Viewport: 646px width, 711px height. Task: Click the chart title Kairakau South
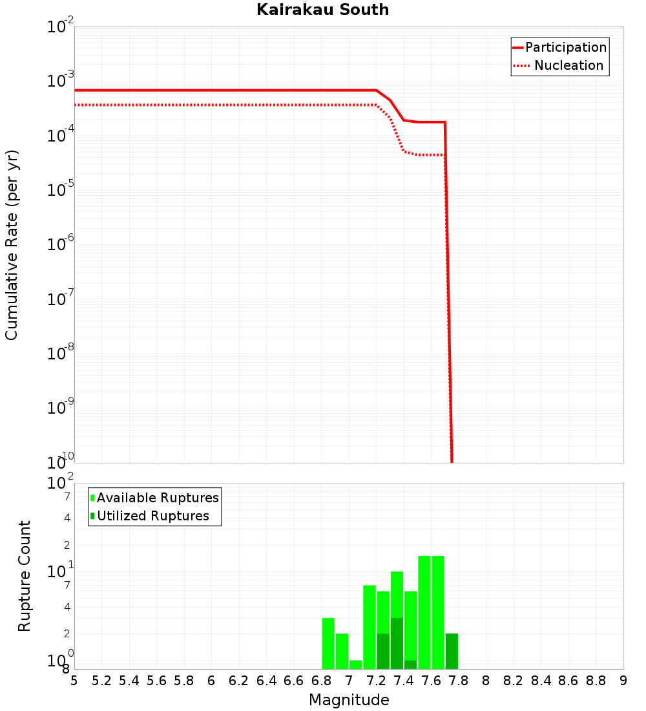tap(322, 10)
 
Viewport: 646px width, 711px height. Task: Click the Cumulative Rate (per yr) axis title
tap(12, 245)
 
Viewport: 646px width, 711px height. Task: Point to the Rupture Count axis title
tap(25, 576)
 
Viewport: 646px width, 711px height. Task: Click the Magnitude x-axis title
tap(349, 700)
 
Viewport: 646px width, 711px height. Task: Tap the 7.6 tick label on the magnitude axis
tap(431, 681)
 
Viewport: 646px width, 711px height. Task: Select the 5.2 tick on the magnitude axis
tap(101, 681)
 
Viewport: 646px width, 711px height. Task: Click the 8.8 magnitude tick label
tap(596, 681)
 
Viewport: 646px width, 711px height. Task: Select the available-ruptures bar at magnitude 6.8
tap(328, 643)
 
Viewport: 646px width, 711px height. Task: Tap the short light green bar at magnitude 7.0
tap(355, 664)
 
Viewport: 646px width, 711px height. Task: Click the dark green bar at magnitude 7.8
tap(452, 651)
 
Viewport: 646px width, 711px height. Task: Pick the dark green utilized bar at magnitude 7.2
tap(383, 651)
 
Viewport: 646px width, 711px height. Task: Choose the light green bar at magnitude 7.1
tap(370, 627)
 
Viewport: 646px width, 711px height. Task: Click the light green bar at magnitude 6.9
tap(342, 651)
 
